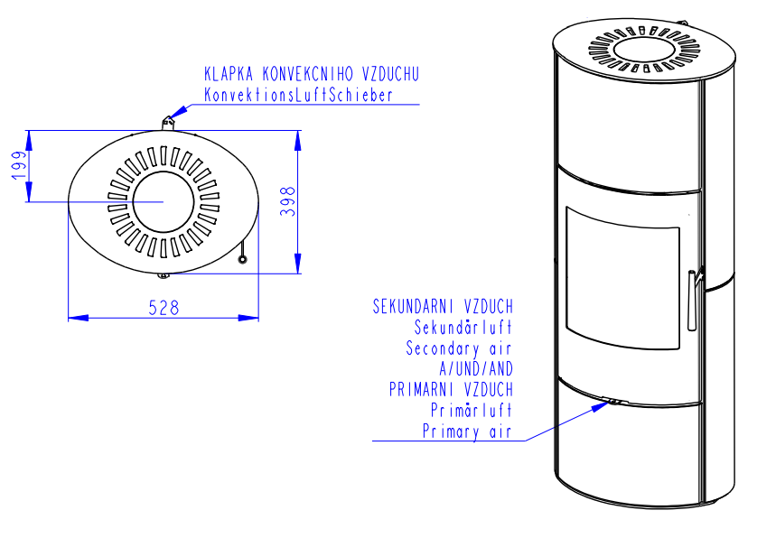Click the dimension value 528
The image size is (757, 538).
[164, 308]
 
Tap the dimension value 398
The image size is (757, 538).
[288, 201]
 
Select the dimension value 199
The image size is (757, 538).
[19, 165]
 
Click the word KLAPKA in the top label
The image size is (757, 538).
[229, 74]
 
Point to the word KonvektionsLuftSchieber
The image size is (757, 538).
[298, 95]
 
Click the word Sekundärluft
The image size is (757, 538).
[463, 328]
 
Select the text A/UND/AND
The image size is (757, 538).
[476, 369]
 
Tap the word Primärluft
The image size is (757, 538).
[472, 410]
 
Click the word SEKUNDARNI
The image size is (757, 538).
[413, 306]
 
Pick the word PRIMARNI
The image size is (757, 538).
[422, 389]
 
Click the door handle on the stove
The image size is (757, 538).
[692, 300]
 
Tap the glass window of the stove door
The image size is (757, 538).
[622, 278]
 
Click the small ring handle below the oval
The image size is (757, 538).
[242, 260]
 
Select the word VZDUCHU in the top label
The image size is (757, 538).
[390, 74]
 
